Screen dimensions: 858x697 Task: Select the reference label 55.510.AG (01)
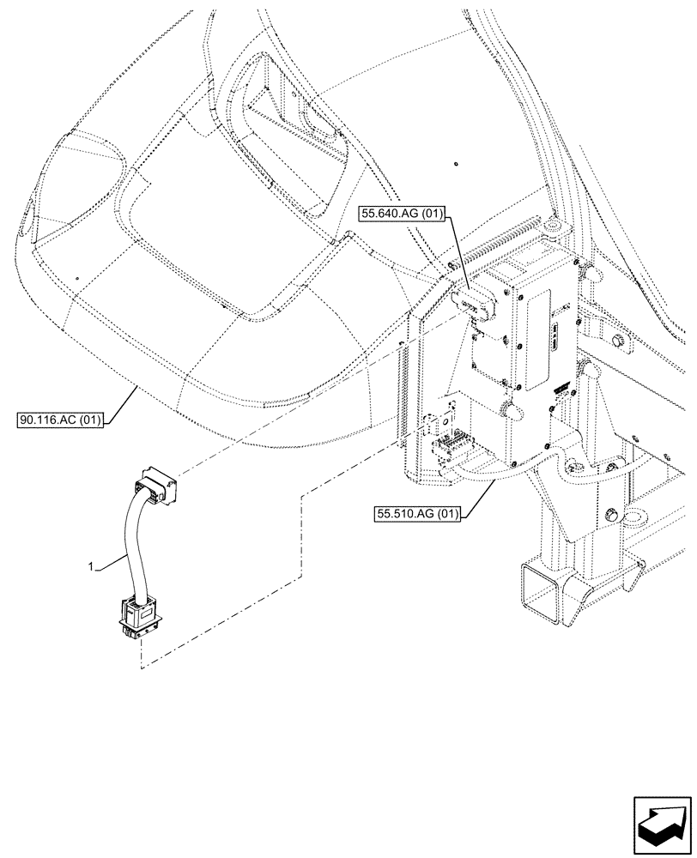click(418, 514)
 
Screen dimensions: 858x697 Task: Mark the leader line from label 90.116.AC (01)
click(120, 403)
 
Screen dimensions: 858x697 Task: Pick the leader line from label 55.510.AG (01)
click(481, 495)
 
